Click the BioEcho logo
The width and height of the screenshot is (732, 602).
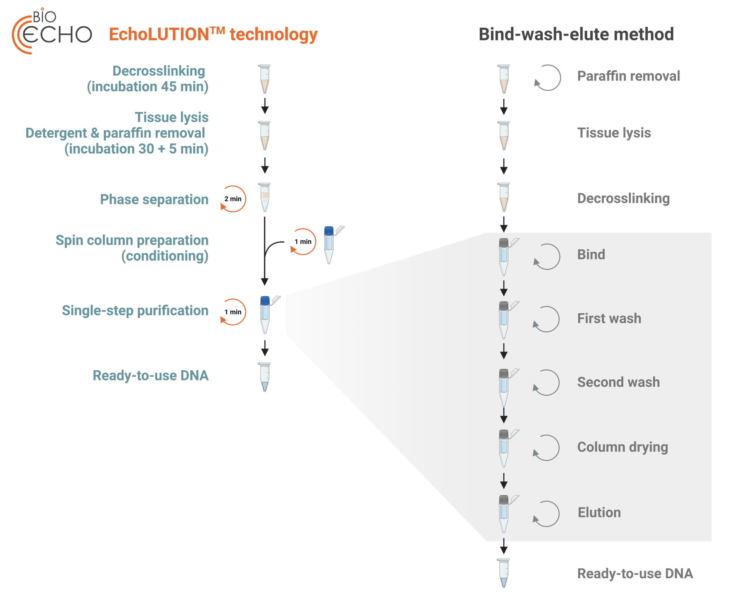[51, 31]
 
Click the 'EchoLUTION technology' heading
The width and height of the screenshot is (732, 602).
[213, 34]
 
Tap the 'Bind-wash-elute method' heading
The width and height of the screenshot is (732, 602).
[576, 34]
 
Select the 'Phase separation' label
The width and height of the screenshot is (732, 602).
[154, 199]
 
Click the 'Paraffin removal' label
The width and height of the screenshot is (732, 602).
[628, 76]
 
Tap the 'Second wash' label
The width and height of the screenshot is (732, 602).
[618, 382]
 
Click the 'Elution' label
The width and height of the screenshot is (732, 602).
[599, 512]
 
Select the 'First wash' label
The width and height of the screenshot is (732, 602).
[609, 318]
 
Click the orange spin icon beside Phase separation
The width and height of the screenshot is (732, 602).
[233, 199]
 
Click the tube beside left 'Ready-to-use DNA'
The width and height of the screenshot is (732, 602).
[265, 377]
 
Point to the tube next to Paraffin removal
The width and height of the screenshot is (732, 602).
[504, 79]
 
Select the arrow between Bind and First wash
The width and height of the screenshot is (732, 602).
[504, 288]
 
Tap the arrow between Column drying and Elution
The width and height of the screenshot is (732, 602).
[504, 481]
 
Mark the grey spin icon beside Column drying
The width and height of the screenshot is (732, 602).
[546, 448]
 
